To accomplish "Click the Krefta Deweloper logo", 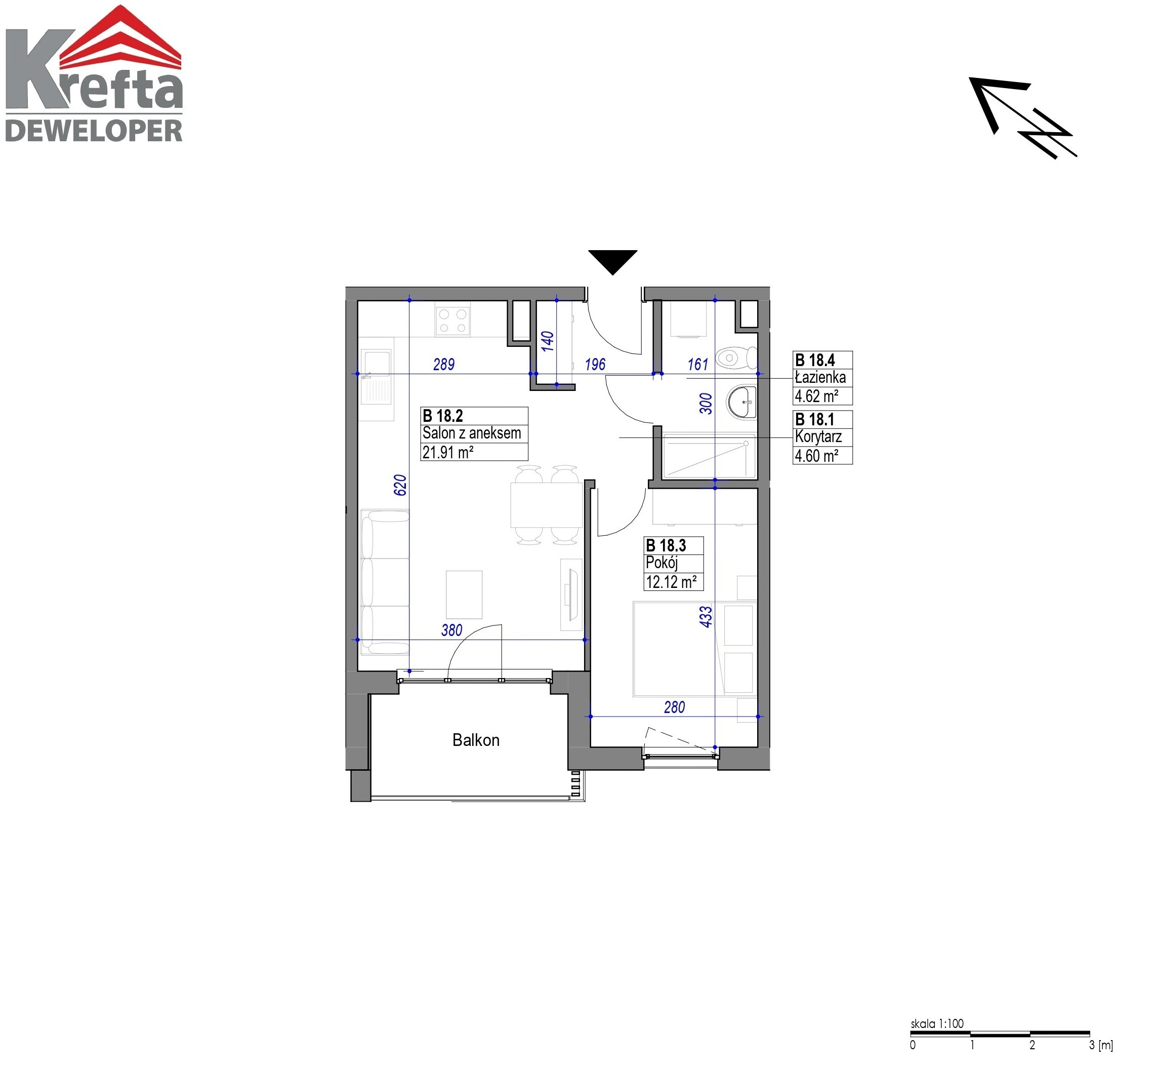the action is pos(94,73).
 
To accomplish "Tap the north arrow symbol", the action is pos(1022,117).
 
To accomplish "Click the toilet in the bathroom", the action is pos(736,358).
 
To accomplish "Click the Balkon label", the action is pos(476,740).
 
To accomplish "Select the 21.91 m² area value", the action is pos(448,452).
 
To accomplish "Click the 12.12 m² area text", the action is pos(671,582).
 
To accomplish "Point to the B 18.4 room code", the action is pos(815,361).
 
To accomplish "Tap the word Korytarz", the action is pos(818,437).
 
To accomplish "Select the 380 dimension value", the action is pos(451,630).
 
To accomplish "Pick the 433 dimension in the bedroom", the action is pos(706,617).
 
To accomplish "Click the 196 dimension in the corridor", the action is pos(595,365).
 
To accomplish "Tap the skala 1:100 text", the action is pos(937,1023).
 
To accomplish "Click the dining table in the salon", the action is pos(546,505).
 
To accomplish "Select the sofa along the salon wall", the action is pos(385,582).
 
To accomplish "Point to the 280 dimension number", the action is pos(674,707).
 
